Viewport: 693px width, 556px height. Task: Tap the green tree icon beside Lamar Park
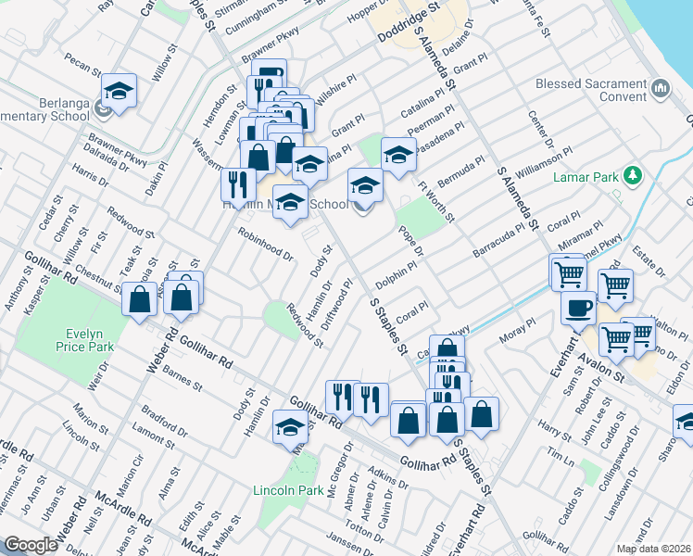[x=633, y=175]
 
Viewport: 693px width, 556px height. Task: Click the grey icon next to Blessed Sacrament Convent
[x=661, y=89]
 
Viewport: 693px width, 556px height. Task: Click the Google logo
[x=31, y=545]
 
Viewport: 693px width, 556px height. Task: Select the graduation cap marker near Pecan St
[x=119, y=92]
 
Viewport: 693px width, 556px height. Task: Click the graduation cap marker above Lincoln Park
[x=290, y=426]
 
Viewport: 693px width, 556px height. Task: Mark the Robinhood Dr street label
[x=266, y=243]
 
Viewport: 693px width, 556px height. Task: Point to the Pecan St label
[x=83, y=68]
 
